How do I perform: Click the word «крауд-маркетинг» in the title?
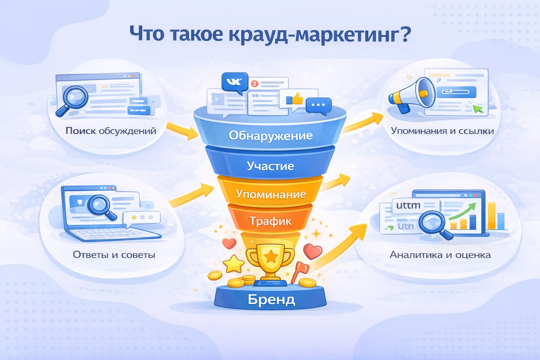(x=320, y=34)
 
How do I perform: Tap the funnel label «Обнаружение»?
(x=270, y=135)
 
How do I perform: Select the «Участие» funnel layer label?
(x=270, y=166)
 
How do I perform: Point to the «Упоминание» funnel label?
(x=271, y=194)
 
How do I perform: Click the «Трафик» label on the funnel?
(x=270, y=221)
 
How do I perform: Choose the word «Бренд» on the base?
(x=271, y=300)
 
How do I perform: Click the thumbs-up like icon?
(x=295, y=99)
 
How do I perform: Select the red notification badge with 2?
(x=255, y=84)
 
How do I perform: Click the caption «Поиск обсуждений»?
(x=111, y=131)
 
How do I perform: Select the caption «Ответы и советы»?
(x=114, y=255)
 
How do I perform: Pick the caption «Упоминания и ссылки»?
(x=442, y=131)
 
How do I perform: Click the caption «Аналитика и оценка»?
(x=440, y=255)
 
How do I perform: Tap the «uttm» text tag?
(x=409, y=205)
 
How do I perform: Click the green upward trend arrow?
(x=463, y=211)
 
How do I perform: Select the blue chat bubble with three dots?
(x=319, y=106)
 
